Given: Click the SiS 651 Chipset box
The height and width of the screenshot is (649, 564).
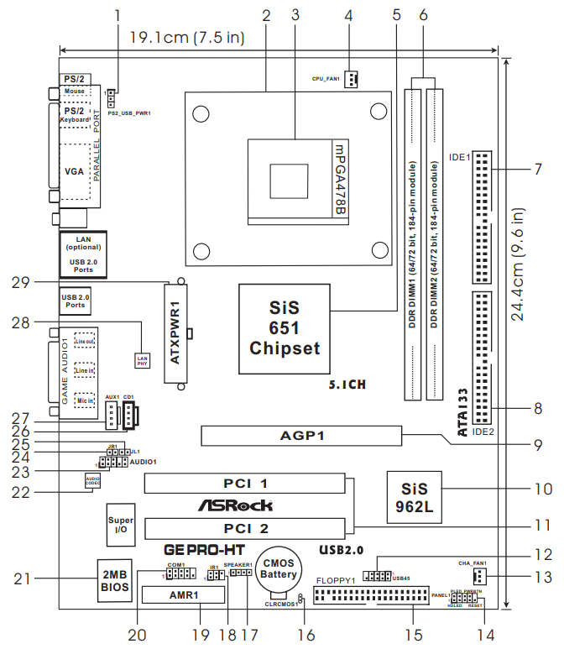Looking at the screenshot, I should coord(283,328).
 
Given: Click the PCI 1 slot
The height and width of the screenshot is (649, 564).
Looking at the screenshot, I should coord(244,484).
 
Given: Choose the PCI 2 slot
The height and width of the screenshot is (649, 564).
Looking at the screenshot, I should coord(244,528).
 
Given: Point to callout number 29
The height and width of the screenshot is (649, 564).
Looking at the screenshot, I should coord(22,283).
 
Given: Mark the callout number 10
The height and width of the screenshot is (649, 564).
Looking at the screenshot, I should coord(542,488).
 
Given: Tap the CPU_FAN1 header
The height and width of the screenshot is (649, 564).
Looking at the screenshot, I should coord(351,80).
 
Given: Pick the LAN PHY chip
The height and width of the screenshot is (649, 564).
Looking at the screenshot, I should coord(142,359).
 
